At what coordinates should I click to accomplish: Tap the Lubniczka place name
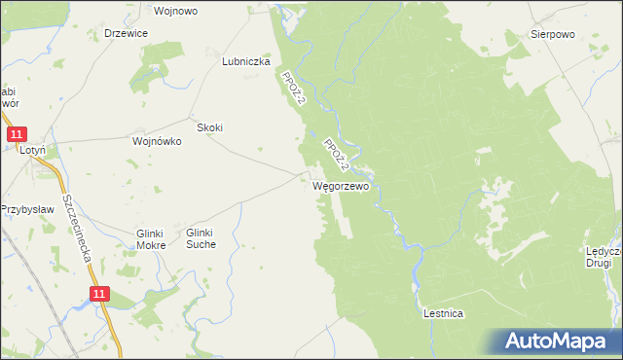pyautogui.click(x=245, y=60)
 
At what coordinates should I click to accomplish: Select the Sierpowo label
pyautogui.click(x=552, y=33)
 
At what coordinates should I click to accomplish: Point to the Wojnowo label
pyautogui.click(x=176, y=11)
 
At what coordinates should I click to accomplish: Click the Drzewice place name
pyautogui.click(x=126, y=33)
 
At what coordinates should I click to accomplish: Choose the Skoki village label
pyautogui.click(x=210, y=127)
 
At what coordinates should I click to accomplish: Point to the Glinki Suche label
pyautogui.click(x=206, y=238)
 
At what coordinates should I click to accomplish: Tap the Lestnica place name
pyautogui.click(x=443, y=313)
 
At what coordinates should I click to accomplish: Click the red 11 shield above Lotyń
pyautogui.click(x=16, y=134)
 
